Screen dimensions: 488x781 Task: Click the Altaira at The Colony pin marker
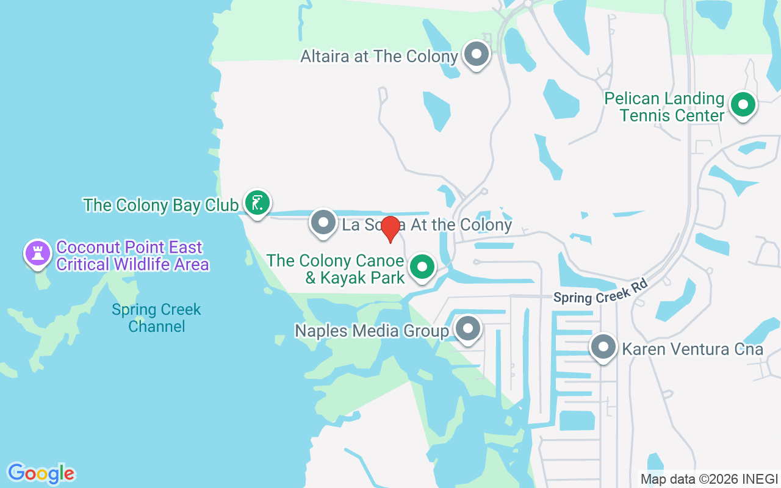click(477, 54)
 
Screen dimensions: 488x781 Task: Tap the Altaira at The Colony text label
click(379, 57)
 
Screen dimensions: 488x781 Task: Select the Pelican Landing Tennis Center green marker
click(743, 106)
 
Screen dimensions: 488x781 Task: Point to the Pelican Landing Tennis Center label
click(664, 107)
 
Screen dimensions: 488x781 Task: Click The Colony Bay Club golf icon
click(257, 203)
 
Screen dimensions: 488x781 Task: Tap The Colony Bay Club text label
click(160, 205)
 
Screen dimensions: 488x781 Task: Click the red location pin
click(390, 229)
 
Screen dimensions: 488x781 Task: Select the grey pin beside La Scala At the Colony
click(323, 223)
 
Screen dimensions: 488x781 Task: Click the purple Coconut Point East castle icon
click(38, 253)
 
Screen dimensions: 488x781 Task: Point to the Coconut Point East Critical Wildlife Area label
click(132, 256)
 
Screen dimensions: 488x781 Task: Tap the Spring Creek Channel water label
click(156, 318)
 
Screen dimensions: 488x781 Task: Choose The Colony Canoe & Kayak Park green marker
click(422, 267)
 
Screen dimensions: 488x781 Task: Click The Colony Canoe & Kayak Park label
click(336, 269)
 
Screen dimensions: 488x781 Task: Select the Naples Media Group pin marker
click(468, 329)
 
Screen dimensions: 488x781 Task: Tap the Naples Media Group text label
click(372, 331)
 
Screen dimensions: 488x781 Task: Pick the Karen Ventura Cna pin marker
click(603, 347)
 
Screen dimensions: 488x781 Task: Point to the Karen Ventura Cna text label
click(693, 349)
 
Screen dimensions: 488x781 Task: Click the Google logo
click(41, 473)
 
